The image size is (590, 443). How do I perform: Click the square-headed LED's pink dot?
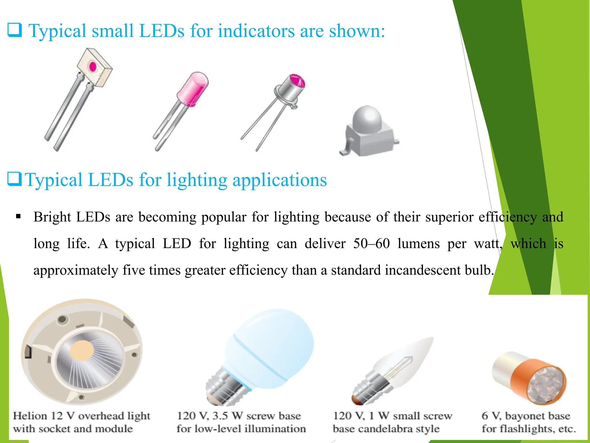[92, 66]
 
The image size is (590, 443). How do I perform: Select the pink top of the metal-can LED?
[297, 81]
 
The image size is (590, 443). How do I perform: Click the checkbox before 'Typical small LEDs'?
[14, 30]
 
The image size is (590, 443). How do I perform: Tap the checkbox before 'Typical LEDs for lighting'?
[14, 179]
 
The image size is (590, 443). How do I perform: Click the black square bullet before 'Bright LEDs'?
[19, 216]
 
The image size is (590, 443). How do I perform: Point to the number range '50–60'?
[371, 244]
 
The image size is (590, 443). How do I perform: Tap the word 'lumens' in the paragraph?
[419, 244]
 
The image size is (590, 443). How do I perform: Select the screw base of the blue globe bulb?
[226, 386]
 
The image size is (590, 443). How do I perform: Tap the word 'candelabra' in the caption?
[386, 429]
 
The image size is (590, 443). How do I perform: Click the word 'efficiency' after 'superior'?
[508, 217]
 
